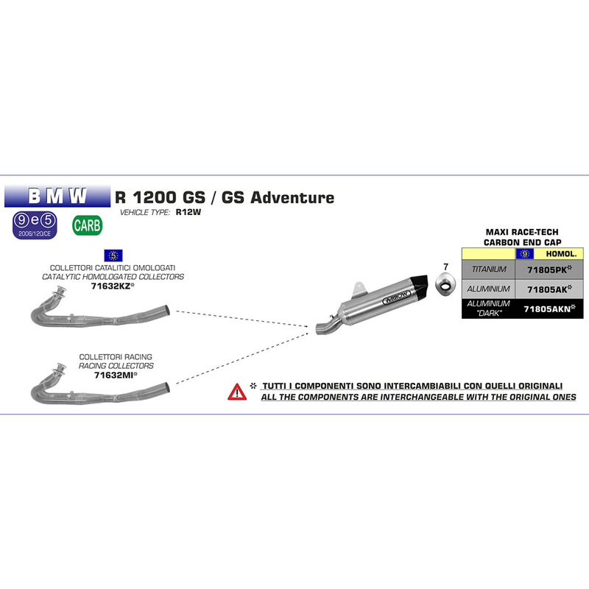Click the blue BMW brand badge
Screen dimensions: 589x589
coord(57,196)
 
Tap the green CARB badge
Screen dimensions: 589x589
coord(87,225)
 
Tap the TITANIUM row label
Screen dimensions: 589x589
coord(487,270)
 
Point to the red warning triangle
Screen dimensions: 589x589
coord(237,391)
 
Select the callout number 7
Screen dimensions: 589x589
coord(445,264)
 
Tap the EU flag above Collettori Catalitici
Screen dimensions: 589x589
coord(113,255)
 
